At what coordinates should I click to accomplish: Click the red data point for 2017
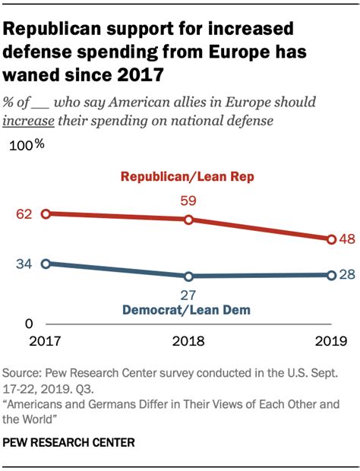click(46, 214)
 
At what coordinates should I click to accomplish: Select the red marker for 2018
click(188, 220)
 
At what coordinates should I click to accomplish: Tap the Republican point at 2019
click(331, 239)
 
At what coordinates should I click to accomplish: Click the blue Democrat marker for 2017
click(46, 264)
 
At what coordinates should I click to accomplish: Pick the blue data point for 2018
click(188, 276)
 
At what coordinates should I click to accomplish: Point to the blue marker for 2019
click(331, 274)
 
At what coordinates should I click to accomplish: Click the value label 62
click(24, 214)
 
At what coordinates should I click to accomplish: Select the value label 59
click(188, 202)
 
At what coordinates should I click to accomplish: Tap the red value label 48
click(348, 239)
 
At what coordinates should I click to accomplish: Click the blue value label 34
click(24, 264)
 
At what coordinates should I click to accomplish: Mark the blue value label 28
click(348, 274)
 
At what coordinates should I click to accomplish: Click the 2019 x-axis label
click(330, 341)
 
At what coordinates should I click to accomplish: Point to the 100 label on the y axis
click(24, 146)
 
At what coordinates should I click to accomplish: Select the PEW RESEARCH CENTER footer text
click(69, 441)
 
